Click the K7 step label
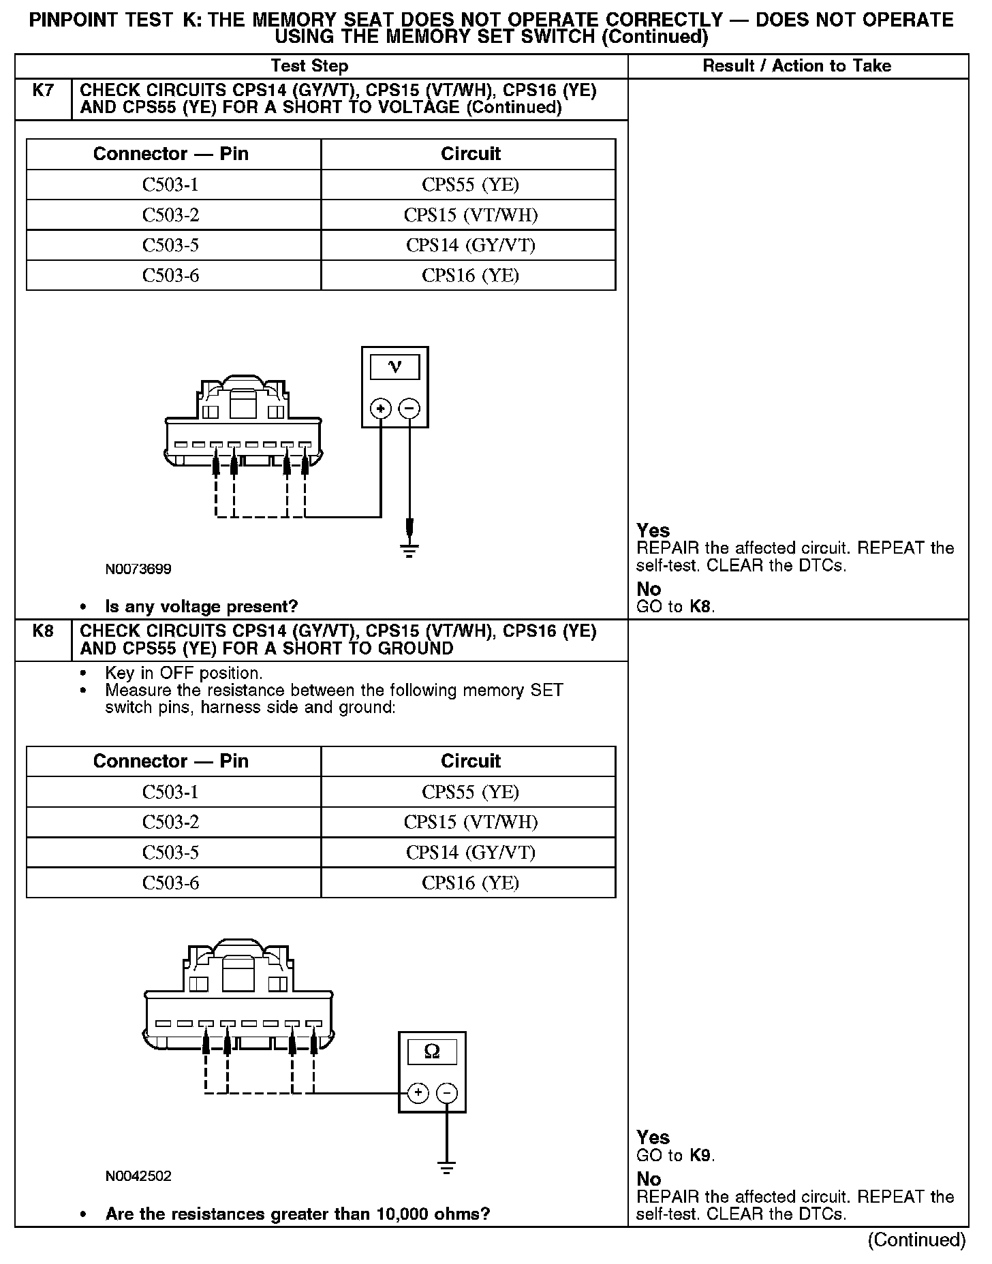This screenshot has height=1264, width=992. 42,90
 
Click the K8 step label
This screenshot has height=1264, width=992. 42,631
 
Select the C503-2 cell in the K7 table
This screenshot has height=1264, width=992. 171,215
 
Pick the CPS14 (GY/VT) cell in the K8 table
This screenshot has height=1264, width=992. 470,853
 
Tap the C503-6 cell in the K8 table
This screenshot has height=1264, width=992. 171,883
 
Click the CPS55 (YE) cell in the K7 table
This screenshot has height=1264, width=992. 470,185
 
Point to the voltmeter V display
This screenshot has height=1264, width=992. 394,367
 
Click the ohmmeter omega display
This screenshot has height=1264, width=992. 432,1052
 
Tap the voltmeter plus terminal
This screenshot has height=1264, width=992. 380,409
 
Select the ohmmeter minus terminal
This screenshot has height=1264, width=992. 447,1094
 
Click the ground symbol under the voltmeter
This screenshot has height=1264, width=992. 409,549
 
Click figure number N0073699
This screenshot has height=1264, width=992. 138,569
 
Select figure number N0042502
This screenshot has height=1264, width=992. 138,1175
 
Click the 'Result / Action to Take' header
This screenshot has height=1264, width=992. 796,66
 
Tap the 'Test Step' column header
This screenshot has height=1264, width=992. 309,66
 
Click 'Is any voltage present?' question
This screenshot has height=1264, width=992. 201,606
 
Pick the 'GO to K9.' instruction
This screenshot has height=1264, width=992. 675,1155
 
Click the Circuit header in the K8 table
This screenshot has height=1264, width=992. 470,761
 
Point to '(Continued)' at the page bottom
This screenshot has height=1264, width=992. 916,1239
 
